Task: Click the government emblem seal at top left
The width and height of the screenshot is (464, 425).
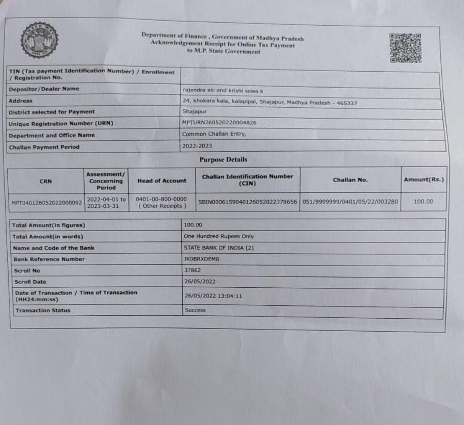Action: click(x=39, y=40)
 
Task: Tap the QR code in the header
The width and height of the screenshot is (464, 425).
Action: click(x=405, y=47)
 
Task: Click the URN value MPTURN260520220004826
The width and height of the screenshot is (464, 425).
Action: click(x=219, y=123)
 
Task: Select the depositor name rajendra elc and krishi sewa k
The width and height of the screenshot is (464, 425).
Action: click(x=223, y=90)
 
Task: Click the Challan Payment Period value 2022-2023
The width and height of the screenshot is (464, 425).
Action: click(x=197, y=146)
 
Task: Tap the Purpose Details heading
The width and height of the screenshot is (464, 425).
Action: click(x=223, y=160)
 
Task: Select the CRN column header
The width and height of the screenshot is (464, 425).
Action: click(x=45, y=181)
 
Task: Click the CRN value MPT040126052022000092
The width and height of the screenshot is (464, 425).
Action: click(x=46, y=203)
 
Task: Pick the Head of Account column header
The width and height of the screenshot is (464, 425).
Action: click(x=162, y=181)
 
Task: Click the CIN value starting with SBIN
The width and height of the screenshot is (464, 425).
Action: click(x=248, y=202)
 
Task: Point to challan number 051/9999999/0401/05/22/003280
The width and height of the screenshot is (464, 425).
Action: click(x=350, y=202)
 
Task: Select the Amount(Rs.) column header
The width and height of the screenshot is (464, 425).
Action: click(x=423, y=179)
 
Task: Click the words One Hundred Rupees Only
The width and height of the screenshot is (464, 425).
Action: click(x=219, y=236)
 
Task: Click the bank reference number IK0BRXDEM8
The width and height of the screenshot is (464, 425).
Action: click(x=202, y=259)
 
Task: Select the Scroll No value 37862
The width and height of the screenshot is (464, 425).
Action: click(x=193, y=270)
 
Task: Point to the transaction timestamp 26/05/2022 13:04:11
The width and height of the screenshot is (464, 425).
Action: click(x=213, y=296)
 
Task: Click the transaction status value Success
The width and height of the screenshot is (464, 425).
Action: click(x=195, y=310)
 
